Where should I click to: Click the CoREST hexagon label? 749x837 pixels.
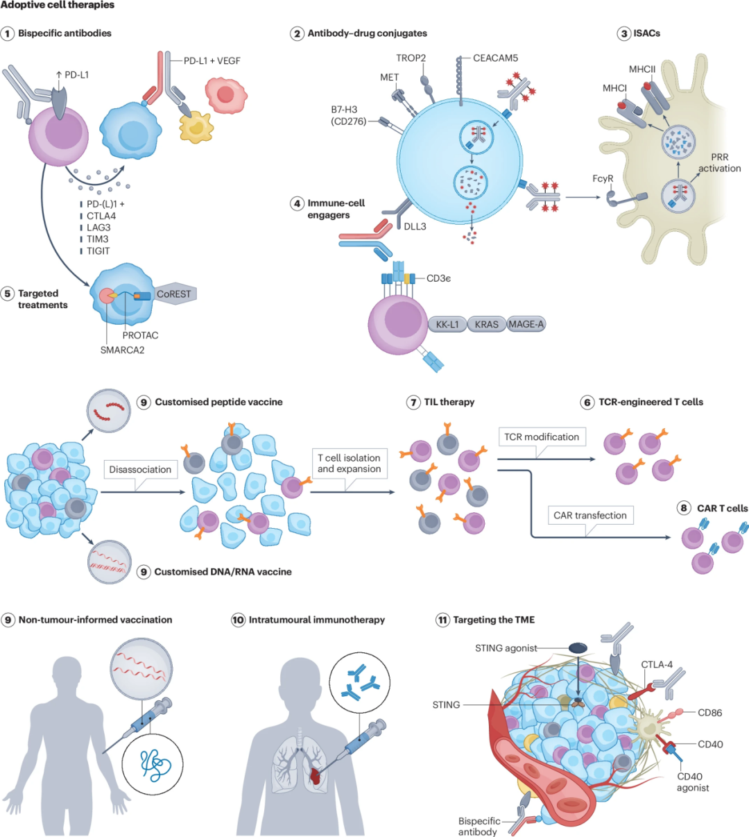pos(173,294)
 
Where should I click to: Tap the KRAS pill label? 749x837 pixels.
pos(487,324)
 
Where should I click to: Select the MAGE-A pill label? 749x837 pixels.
pos(526,324)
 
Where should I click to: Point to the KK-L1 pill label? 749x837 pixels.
pos(447,324)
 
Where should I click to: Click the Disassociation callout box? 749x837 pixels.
pos(140,469)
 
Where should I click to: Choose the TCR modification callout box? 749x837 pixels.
pos(542,437)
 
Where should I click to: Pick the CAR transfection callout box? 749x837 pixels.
pos(590,515)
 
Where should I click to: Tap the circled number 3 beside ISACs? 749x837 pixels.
pos(624,33)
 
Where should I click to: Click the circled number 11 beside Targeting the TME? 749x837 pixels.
pos(442,620)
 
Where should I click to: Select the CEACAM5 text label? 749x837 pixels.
pos(495,58)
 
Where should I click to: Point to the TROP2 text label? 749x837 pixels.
pos(411,58)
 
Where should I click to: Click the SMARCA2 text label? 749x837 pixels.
pos(122,350)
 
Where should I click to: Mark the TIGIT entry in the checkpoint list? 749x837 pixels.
pos(98,251)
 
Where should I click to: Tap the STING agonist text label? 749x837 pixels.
pos(506,648)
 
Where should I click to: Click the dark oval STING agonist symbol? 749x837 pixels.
pos(578,648)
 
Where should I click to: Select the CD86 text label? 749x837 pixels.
pos(709,712)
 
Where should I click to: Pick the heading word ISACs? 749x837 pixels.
pos(646,33)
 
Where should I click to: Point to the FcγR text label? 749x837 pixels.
pos(603,178)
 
